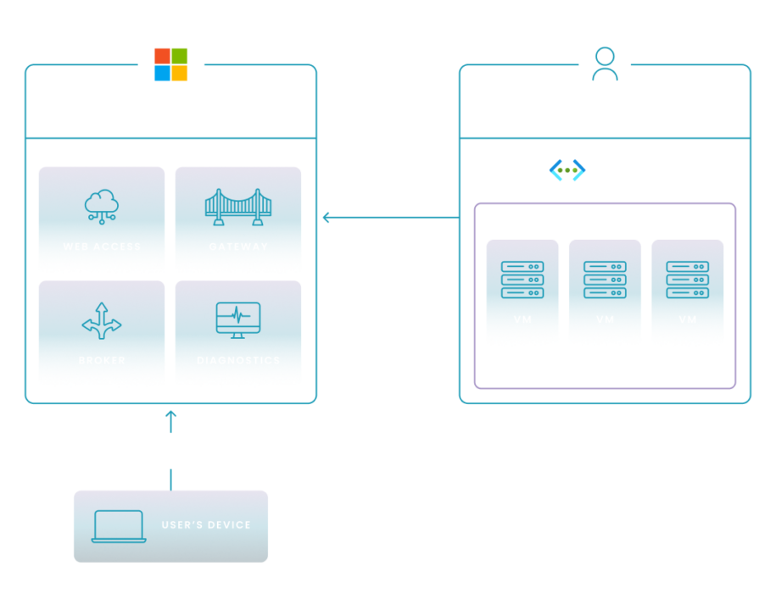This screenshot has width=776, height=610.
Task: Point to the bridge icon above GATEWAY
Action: [238, 207]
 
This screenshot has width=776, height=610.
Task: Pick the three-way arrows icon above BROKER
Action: [101, 320]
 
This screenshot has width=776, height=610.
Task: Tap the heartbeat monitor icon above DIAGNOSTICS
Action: [238, 319]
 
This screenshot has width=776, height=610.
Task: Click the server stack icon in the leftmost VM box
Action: [522, 280]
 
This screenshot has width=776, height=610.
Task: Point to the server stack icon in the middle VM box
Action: [605, 280]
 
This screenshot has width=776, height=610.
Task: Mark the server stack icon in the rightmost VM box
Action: [688, 280]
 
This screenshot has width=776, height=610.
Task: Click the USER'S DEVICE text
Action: [206, 525]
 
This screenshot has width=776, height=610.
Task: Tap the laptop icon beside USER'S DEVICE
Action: [118, 526]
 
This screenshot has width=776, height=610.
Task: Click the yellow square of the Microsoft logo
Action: [187, 79]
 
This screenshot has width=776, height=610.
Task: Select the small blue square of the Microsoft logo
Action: [162, 78]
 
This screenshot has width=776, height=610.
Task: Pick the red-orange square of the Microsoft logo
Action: [162, 55]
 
